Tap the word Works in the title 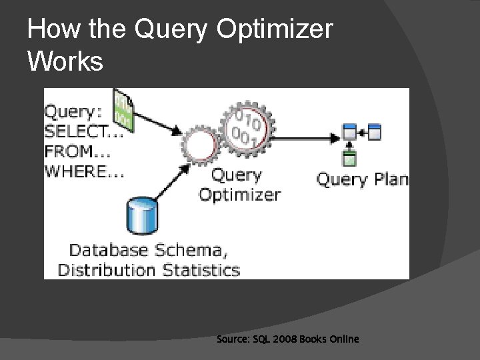tap(65, 61)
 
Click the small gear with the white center tap(200, 146)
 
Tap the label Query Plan tap(362, 179)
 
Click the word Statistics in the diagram tap(200, 270)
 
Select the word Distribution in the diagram tap(107, 270)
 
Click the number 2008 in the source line tap(279, 339)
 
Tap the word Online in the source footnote tap(342, 339)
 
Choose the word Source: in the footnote tap(231, 339)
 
